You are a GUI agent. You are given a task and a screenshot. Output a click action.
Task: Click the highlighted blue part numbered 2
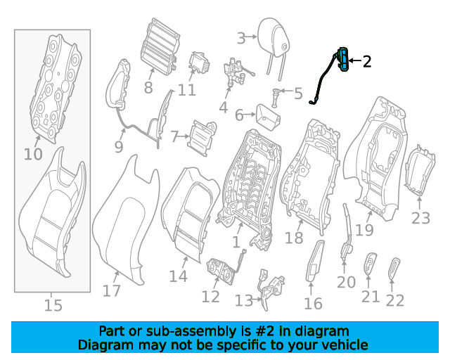(344, 60)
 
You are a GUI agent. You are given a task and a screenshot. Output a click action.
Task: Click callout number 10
(33, 153)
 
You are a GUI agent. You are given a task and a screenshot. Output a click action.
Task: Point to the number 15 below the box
(53, 305)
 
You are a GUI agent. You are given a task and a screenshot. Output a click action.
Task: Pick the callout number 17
(111, 290)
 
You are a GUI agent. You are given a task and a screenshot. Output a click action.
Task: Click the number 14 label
(178, 276)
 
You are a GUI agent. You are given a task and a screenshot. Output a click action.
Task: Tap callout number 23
(420, 218)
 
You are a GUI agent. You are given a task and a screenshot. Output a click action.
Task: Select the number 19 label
(364, 229)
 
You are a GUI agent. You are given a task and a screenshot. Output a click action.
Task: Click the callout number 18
(293, 238)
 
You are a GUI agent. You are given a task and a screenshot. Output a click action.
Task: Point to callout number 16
(313, 303)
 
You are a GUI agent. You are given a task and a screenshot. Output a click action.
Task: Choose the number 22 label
(395, 300)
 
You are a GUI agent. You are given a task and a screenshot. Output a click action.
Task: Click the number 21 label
(371, 297)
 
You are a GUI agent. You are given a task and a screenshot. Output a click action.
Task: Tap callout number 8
(148, 88)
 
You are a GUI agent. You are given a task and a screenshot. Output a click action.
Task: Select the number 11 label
(186, 90)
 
